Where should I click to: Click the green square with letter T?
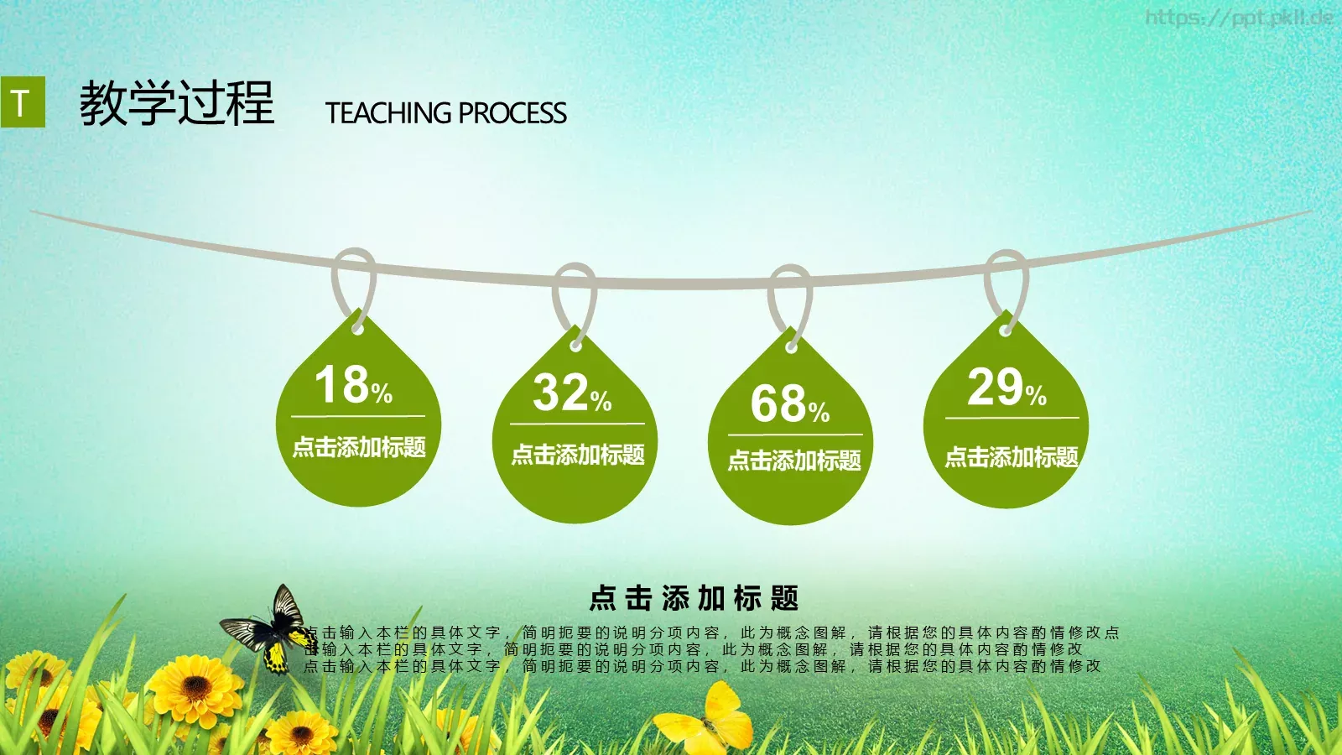click(x=23, y=102)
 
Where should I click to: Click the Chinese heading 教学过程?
click(x=177, y=104)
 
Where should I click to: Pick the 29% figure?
click(x=1006, y=388)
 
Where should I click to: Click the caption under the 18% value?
click(x=359, y=447)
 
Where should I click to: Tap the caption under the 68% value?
click(x=794, y=460)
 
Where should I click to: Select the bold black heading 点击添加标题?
click(x=694, y=598)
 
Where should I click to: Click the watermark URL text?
click(x=1238, y=18)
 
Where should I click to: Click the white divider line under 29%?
click(x=1012, y=417)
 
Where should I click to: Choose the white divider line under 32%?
click(x=577, y=424)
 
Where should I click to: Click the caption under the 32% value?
click(x=578, y=455)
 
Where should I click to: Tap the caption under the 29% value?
click(x=1012, y=457)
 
